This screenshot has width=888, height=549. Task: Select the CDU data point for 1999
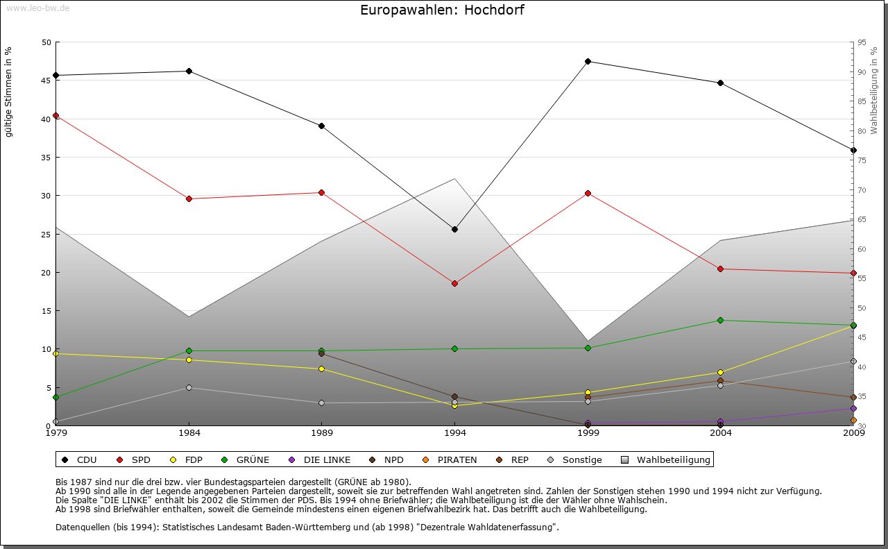point(588,61)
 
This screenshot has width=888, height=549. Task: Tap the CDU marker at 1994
point(454,229)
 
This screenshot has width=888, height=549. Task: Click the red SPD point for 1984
point(189,199)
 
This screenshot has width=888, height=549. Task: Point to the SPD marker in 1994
point(454,283)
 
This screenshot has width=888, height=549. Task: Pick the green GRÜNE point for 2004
point(721,320)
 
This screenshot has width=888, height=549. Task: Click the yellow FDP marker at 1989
point(321,369)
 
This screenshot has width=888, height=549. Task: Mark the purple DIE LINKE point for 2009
point(853,408)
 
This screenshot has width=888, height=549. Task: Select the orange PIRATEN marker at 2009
point(853,420)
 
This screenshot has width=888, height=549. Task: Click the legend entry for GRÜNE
point(248,459)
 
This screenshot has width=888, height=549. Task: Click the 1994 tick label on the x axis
point(454,434)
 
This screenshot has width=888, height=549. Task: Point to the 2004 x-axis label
point(721,434)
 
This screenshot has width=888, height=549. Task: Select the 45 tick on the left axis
point(47,81)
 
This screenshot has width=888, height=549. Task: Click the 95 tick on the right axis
point(862,42)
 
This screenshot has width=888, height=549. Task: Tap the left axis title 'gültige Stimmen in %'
point(9,92)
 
